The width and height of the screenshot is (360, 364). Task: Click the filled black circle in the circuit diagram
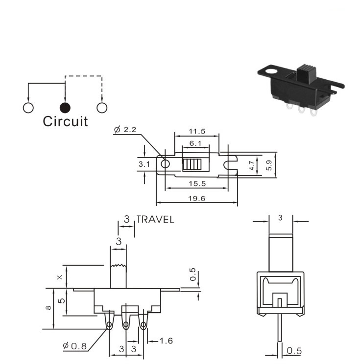point(65,108)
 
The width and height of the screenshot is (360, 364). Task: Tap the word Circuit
point(66,121)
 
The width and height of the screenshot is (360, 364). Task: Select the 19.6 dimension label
point(196,199)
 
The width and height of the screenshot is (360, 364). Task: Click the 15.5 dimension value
point(197,183)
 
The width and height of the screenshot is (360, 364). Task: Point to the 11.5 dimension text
point(197,132)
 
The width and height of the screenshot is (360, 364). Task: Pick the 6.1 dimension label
point(195,143)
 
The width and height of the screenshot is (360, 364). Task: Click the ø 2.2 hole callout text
point(125,130)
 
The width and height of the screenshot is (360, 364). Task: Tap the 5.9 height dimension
point(269,165)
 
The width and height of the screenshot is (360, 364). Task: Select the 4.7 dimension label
point(252,165)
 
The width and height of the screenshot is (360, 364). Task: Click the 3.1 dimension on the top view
point(144,164)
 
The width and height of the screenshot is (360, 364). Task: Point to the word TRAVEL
point(155,220)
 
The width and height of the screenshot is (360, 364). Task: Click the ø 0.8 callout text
point(75,346)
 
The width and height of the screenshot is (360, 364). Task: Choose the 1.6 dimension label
point(166,341)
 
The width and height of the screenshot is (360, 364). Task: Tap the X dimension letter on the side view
point(60,277)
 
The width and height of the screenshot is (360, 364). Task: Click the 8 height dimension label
point(48,308)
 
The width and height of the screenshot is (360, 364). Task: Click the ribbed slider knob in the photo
point(308,75)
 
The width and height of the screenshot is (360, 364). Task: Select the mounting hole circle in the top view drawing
point(165,164)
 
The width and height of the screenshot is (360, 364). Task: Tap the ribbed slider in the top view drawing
point(192,164)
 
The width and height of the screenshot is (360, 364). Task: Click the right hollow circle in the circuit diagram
point(102,108)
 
